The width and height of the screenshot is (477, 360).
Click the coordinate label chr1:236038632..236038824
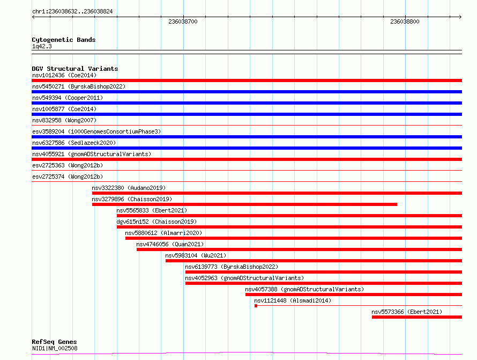click(x=72, y=11)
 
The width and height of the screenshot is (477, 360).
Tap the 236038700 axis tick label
click(x=183, y=21)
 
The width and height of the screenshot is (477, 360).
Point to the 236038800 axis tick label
click(x=405, y=21)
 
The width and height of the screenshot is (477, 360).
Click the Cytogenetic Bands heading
click(x=64, y=40)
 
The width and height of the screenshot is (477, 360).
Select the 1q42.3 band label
click(x=42, y=46)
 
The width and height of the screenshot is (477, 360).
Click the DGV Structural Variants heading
click(x=75, y=69)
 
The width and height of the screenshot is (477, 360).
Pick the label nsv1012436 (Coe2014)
click(x=64, y=75)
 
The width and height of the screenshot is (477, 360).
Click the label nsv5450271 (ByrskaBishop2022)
click(x=79, y=86)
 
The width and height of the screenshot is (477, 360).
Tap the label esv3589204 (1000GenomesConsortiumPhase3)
click(x=96, y=131)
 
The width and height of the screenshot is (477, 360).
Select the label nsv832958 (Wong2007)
click(x=64, y=120)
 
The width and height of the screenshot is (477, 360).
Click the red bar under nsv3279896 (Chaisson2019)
click(x=244, y=204)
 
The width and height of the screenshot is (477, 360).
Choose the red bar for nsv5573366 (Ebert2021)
click(x=417, y=317)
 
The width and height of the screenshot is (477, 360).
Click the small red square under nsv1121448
click(x=256, y=306)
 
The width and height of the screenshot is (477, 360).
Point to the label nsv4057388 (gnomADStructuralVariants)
click(x=304, y=289)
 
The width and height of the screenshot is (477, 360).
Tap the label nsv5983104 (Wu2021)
click(x=196, y=255)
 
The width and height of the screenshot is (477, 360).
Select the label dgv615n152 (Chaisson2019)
click(x=156, y=222)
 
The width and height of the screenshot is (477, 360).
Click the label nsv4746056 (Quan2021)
click(x=170, y=244)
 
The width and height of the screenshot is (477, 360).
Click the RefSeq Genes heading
click(x=55, y=342)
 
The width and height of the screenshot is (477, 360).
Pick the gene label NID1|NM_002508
click(x=55, y=348)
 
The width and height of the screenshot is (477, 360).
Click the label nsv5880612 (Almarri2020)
click(x=163, y=233)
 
